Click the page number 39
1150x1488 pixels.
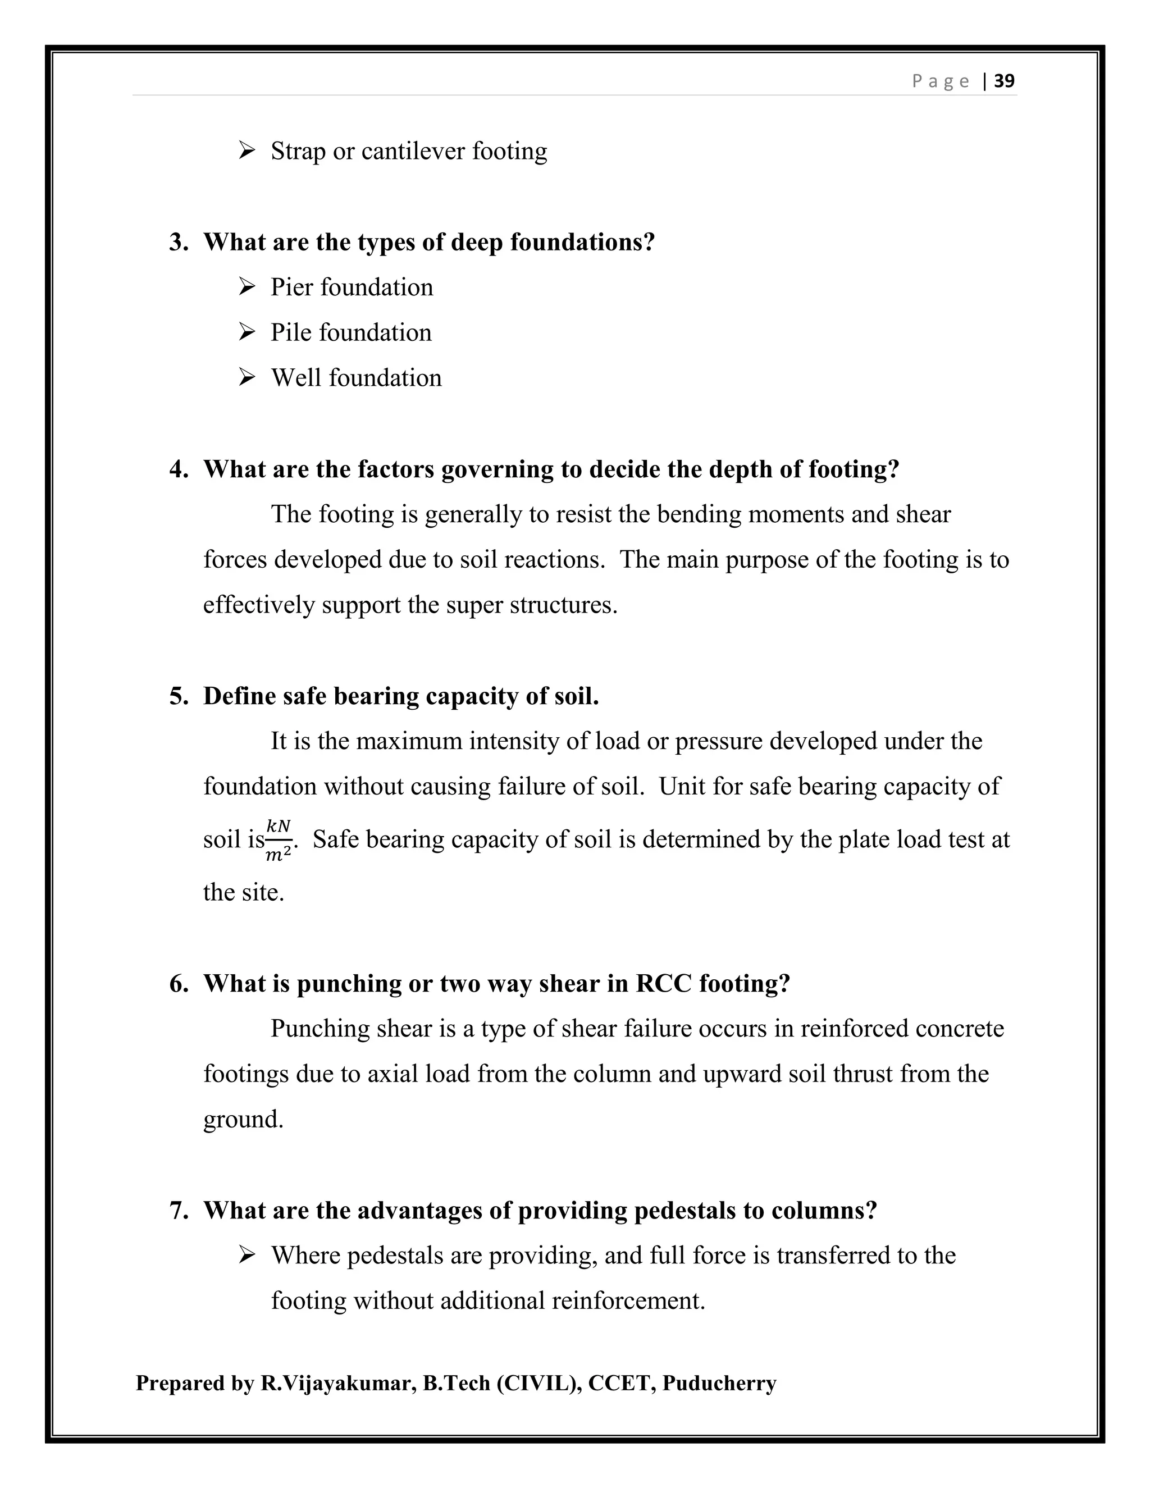tap(1004, 81)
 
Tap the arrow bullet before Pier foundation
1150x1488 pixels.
tap(247, 287)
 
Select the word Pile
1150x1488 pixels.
tap(291, 332)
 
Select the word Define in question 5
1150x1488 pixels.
tap(239, 696)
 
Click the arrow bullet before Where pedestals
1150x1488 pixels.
tap(247, 1255)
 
